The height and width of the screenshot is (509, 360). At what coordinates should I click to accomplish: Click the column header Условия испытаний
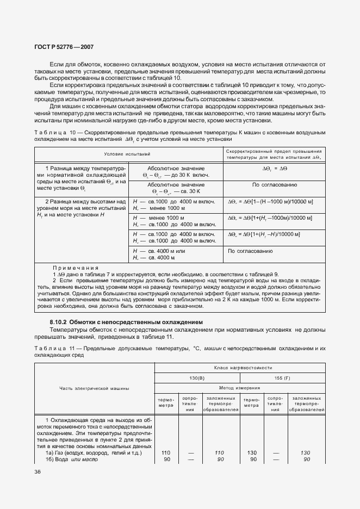click(x=127, y=154)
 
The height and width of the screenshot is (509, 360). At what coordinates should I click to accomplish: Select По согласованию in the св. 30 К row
click(x=274, y=185)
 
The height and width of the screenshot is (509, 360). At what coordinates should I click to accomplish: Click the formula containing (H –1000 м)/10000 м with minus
click(x=271, y=202)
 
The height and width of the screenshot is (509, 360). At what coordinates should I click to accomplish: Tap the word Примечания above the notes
click(x=76, y=268)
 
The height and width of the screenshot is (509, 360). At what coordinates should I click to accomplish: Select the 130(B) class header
click(x=197, y=377)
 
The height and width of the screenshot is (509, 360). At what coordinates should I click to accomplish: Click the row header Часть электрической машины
click(x=95, y=388)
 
